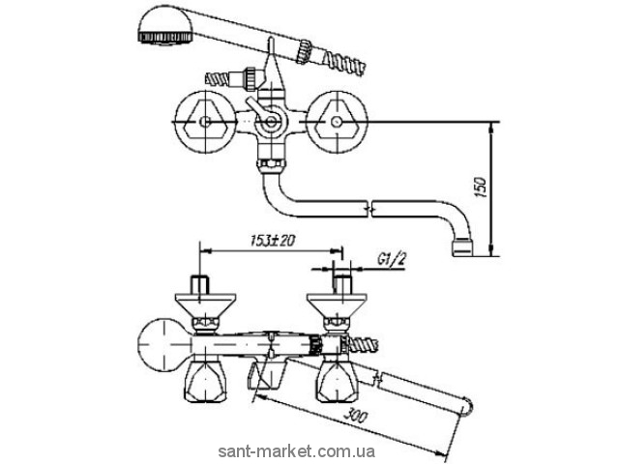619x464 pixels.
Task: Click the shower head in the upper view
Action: coord(165,25)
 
